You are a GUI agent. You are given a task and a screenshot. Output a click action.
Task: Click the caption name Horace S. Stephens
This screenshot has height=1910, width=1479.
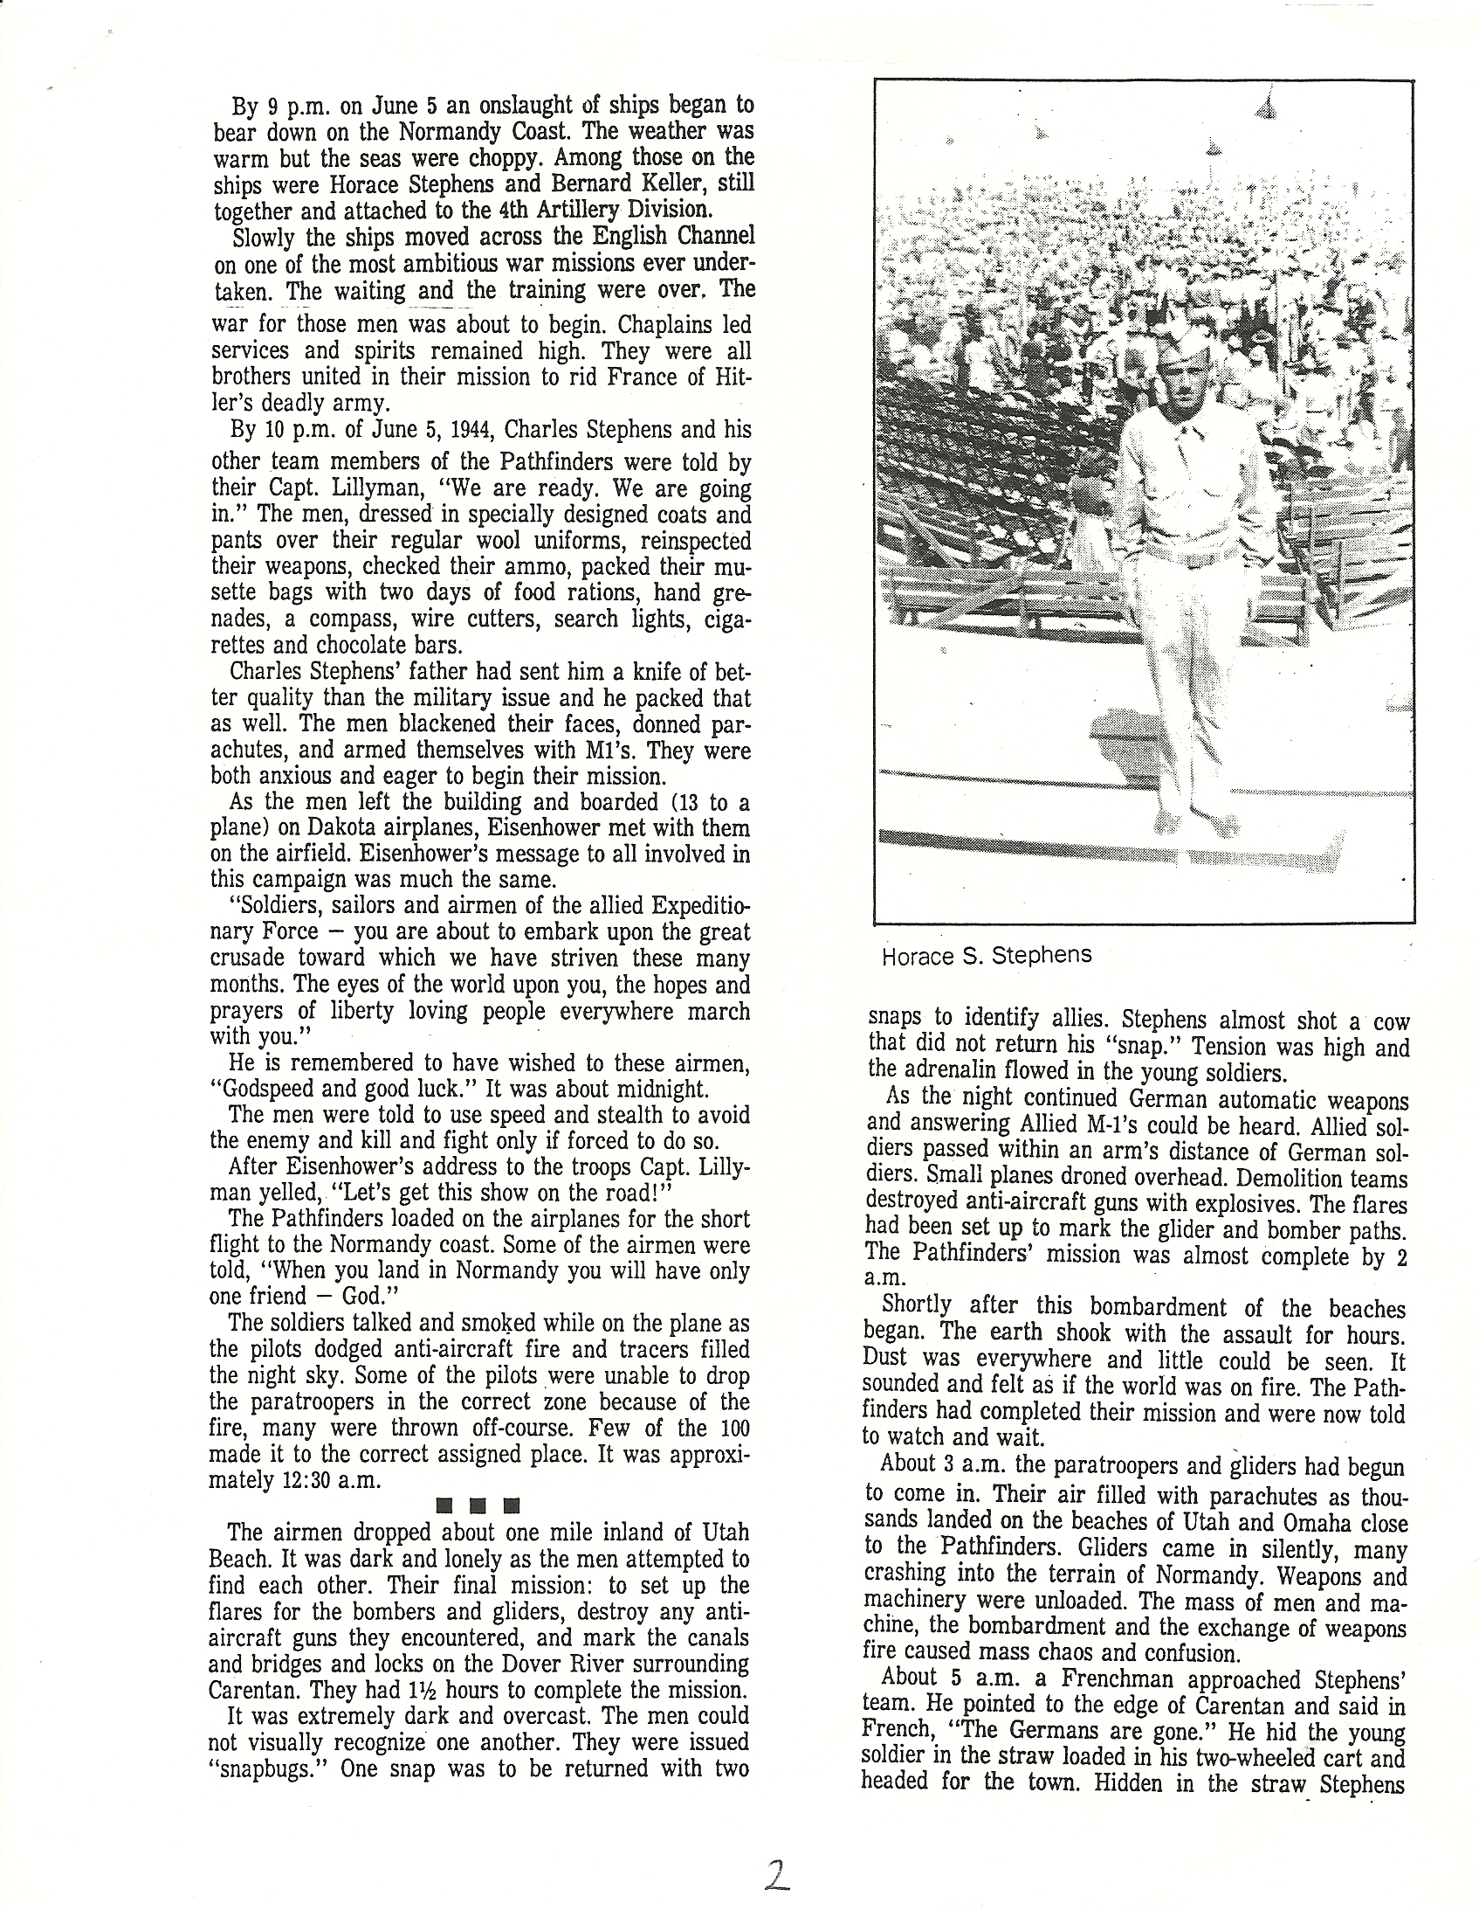pyautogui.click(x=986, y=954)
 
